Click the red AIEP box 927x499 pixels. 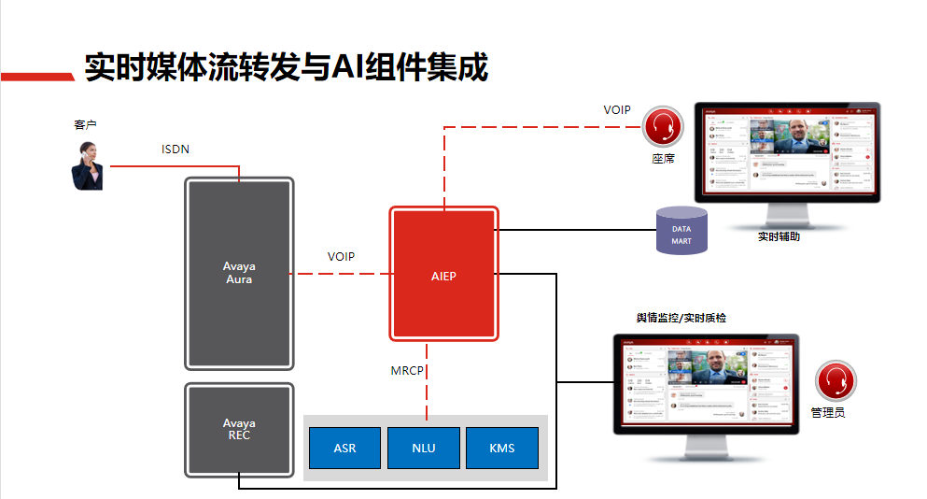pos(444,275)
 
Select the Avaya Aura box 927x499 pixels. pos(239,273)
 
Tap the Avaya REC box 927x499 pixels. pos(239,429)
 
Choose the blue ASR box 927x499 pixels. pos(344,449)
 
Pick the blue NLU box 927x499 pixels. pos(423,449)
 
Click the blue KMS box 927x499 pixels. pos(501,449)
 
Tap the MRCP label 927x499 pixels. pos(407,371)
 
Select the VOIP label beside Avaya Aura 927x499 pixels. pos(341,256)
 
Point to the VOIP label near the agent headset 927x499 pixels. pos(617,110)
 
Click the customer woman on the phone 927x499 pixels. pos(89,165)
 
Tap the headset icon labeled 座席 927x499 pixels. pos(663,126)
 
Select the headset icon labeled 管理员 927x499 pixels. pos(835,382)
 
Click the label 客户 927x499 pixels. pos(85,124)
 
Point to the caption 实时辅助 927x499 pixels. pos(778,236)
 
